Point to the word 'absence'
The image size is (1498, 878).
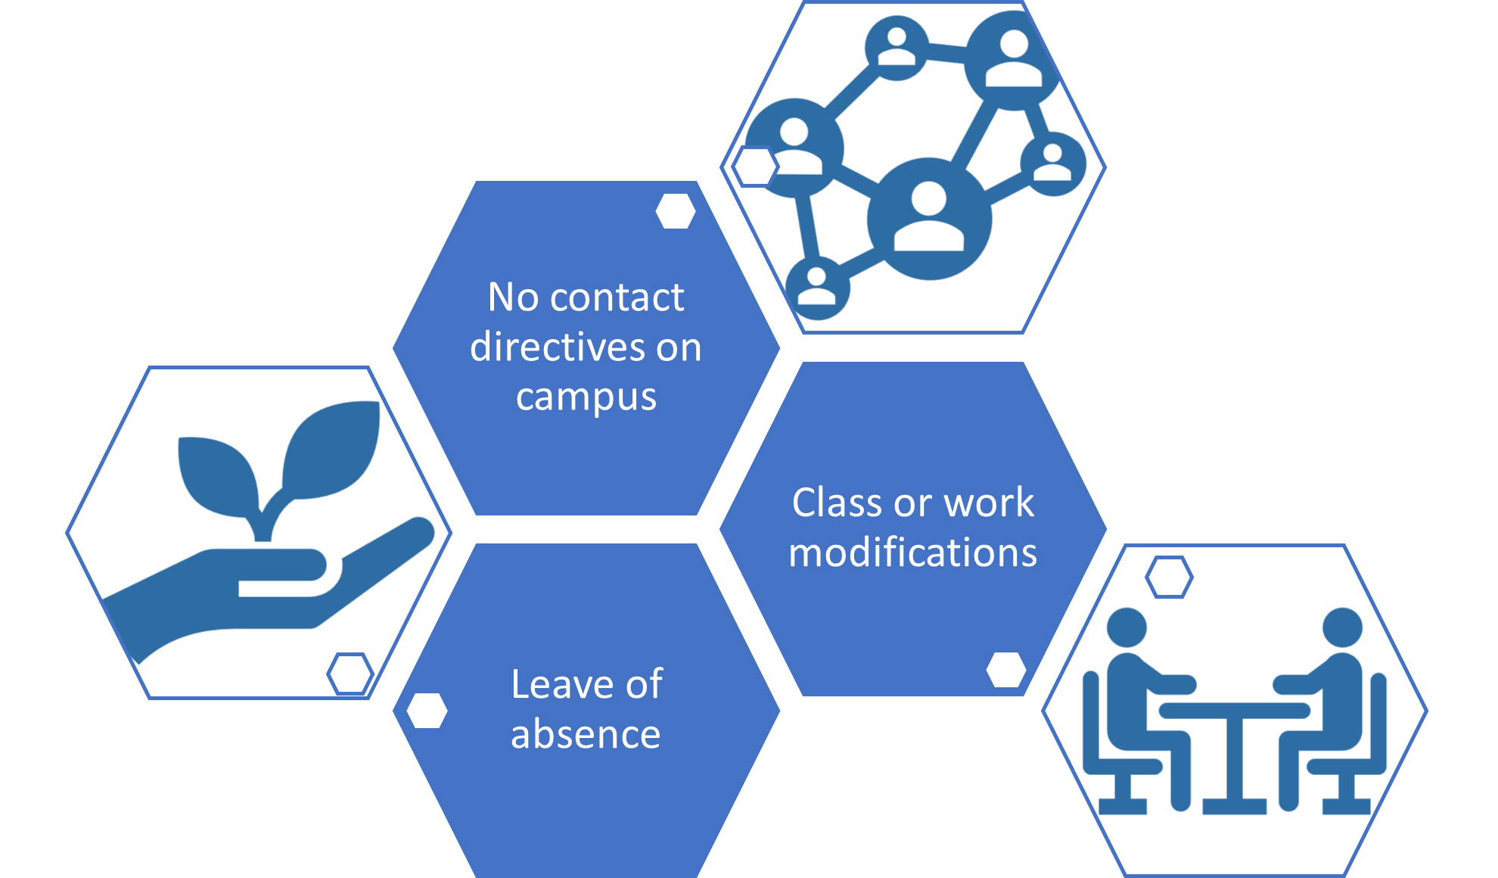(x=586, y=734)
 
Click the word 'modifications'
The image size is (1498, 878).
(x=912, y=552)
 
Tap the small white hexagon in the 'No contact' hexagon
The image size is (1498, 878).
(x=676, y=211)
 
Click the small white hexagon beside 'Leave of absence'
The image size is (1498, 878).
(x=427, y=711)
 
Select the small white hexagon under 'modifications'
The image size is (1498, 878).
(x=1007, y=670)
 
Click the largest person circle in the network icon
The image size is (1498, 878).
(x=929, y=219)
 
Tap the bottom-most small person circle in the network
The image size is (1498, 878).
(x=817, y=288)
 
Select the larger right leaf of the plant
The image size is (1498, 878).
(x=333, y=450)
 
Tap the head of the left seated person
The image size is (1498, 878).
(x=1127, y=627)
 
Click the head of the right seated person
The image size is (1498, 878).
(x=1342, y=627)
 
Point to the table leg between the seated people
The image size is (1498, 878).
(x=1235, y=757)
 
